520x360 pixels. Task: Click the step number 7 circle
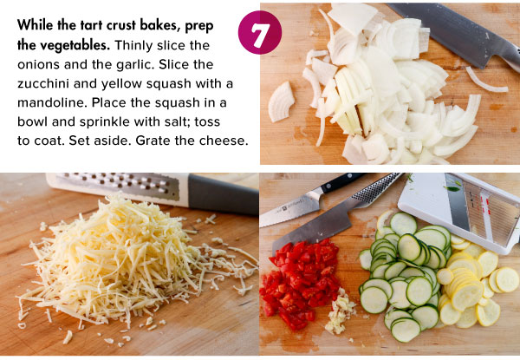(260, 32)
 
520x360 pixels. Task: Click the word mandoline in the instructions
(51, 102)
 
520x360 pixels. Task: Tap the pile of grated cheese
(129, 262)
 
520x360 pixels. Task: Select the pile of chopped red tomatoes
(300, 283)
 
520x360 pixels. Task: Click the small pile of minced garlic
(339, 312)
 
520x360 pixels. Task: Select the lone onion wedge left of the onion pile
(281, 101)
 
